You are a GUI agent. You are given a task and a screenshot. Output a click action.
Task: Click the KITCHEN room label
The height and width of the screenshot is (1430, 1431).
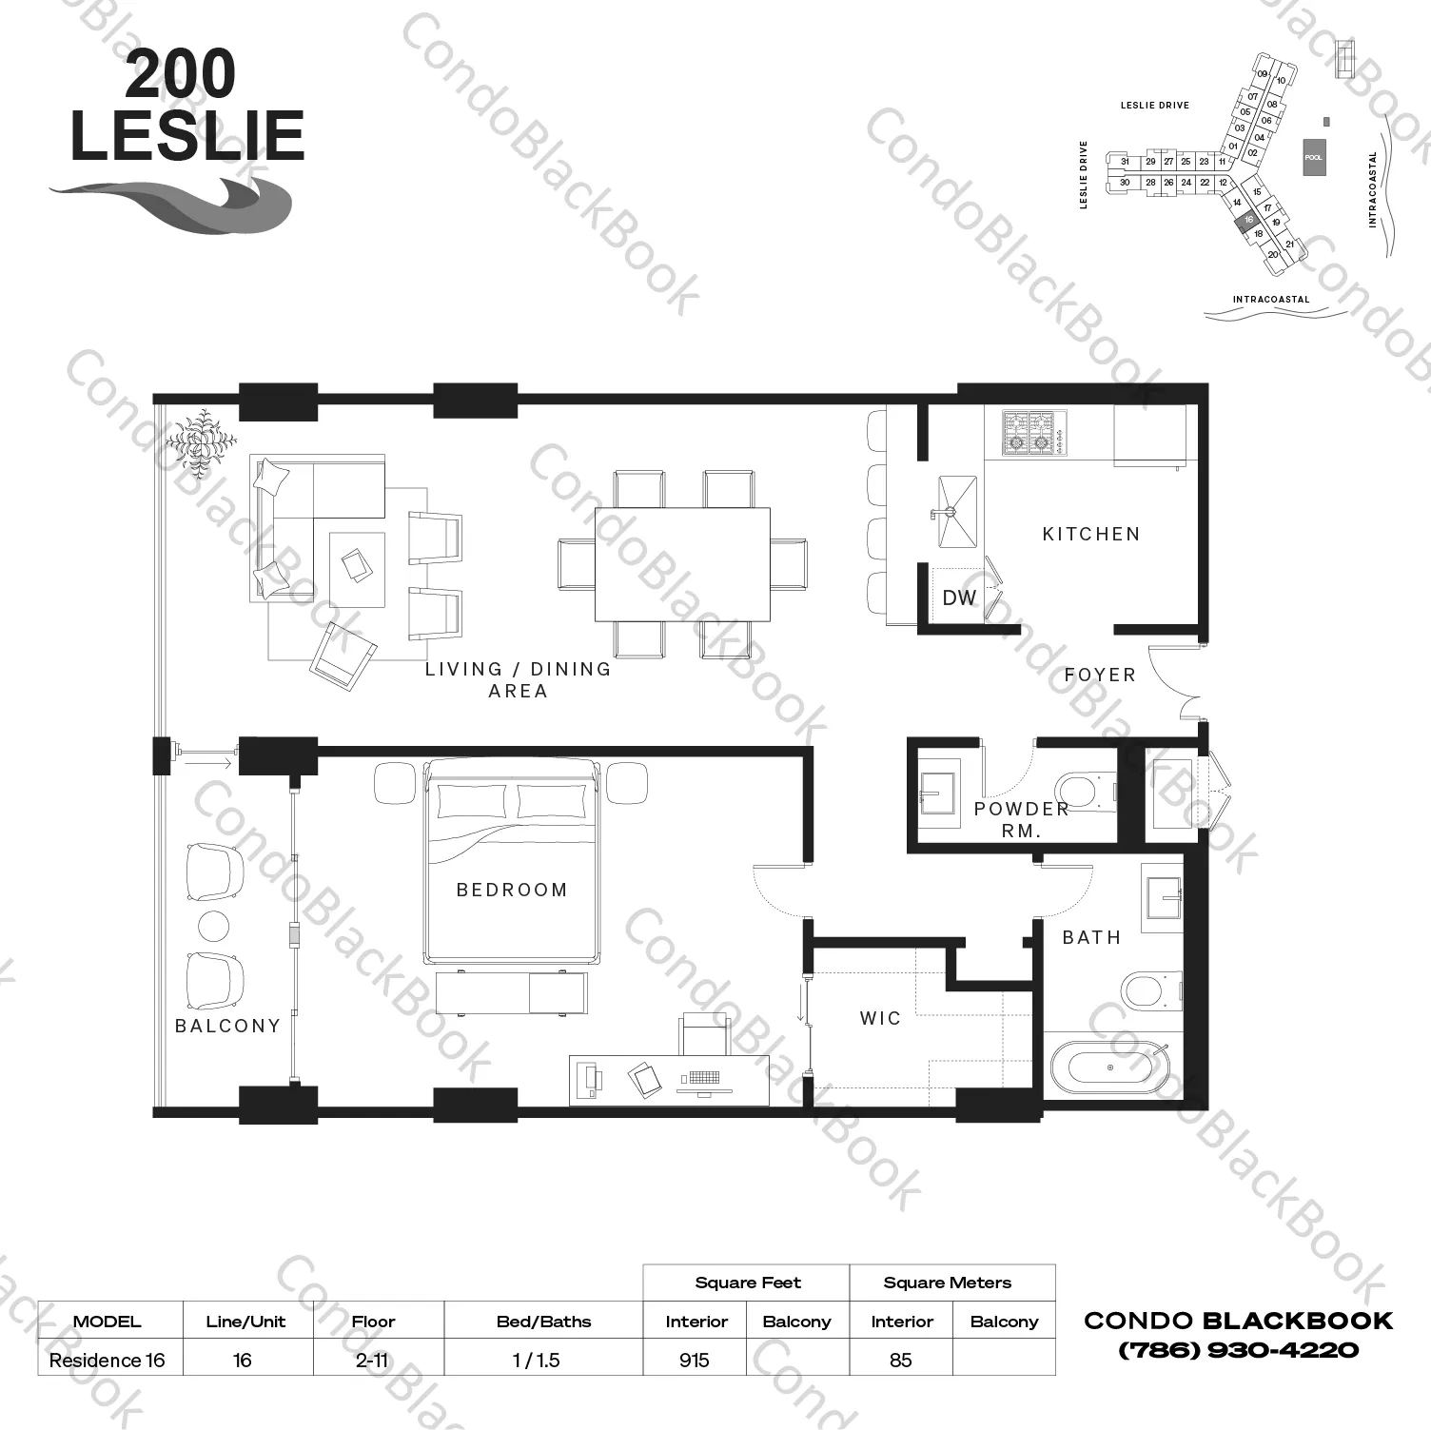[1090, 534]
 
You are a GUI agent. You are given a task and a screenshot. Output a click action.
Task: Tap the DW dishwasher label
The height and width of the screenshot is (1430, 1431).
[959, 597]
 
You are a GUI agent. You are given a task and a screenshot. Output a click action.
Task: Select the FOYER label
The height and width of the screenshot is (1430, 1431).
[1100, 675]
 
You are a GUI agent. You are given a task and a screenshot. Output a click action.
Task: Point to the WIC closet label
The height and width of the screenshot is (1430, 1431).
[880, 1018]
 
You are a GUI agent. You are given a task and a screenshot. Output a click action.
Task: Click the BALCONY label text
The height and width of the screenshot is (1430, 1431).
[227, 1026]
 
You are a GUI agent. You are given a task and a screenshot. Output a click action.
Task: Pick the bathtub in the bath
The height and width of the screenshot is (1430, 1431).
[1111, 1070]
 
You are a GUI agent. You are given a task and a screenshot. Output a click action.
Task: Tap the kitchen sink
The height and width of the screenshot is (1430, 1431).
[956, 513]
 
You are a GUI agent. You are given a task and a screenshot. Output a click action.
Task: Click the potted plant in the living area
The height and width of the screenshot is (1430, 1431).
[201, 443]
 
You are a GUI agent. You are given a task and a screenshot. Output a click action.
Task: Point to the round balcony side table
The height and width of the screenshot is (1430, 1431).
[213, 926]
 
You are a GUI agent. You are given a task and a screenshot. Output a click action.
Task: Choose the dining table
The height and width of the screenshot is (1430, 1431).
[682, 564]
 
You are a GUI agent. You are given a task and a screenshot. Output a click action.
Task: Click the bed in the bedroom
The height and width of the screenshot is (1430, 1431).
[512, 861]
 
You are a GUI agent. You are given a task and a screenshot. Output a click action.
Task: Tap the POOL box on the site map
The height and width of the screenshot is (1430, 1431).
[1313, 157]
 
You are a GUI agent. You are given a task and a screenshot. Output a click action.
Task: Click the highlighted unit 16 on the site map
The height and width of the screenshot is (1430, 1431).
[1247, 220]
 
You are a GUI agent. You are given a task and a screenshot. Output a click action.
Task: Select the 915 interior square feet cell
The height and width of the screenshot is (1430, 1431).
[695, 1360]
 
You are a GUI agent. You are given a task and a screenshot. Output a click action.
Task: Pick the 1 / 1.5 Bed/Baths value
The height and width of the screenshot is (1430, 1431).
[537, 1360]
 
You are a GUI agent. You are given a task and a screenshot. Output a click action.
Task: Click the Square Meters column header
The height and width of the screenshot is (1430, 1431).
[947, 1283]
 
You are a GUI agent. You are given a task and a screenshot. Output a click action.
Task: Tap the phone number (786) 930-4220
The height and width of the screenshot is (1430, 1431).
[1238, 1350]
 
